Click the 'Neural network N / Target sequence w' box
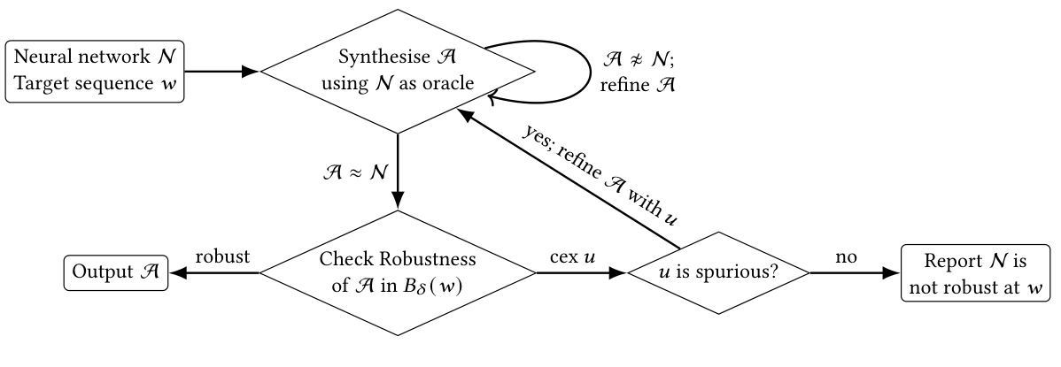click(x=95, y=72)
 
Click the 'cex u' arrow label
click(x=570, y=256)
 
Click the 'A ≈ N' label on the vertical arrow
click(x=357, y=167)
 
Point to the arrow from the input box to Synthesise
click(x=221, y=72)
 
